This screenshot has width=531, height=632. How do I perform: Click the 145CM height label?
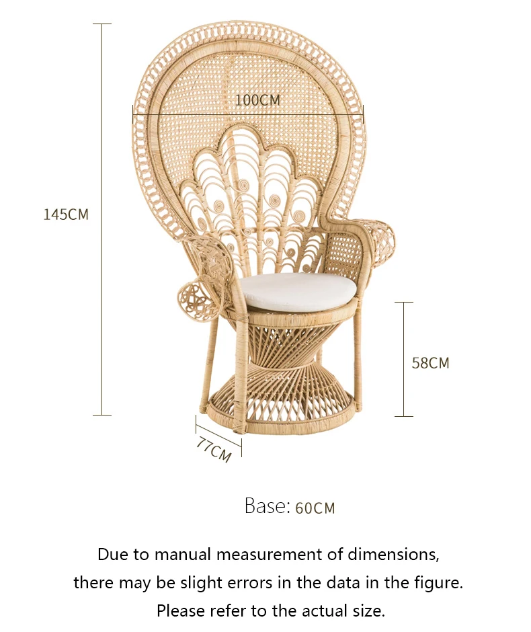(x=66, y=214)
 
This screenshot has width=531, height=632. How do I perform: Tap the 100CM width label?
(x=257, y=100)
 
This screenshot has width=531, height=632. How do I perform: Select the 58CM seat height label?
(x=430, y=363)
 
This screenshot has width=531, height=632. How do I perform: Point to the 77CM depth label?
(x=214, y=450)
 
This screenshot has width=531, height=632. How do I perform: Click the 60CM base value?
(x=315, y=508)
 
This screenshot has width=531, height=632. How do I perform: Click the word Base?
(x=267, y=506)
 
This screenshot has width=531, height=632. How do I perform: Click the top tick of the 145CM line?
(x=102, y=24)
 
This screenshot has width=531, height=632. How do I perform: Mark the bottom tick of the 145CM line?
(x=102, y=415)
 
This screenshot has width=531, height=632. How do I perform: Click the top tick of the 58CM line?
(x=404, y=303)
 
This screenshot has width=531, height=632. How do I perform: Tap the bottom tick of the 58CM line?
(x=404, y=416)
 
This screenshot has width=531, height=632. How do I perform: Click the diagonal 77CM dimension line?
(x=218, y=434)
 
